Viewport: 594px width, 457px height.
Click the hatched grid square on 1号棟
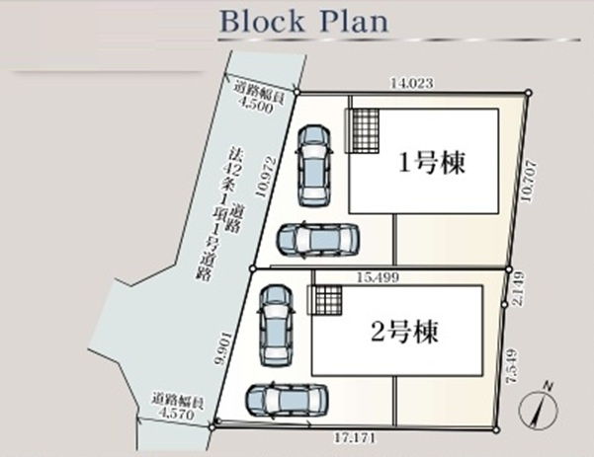pos(361,129)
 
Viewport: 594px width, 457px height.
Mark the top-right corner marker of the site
pos(529,93)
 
